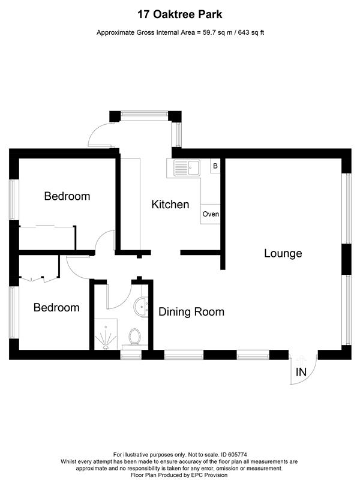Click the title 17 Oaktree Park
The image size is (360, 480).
coord(180,13)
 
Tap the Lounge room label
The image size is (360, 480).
coord(283,253)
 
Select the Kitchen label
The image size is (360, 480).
coord(170,205)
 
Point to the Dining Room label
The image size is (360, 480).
coord(191,311)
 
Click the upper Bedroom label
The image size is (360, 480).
coord(67,196)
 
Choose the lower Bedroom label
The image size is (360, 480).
coord(56,307)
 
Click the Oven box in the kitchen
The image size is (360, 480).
coord(211,214)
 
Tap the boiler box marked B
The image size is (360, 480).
coord(215,166)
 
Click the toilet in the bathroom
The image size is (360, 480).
coord(134,337)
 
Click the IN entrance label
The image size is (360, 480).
coord(301,373)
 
